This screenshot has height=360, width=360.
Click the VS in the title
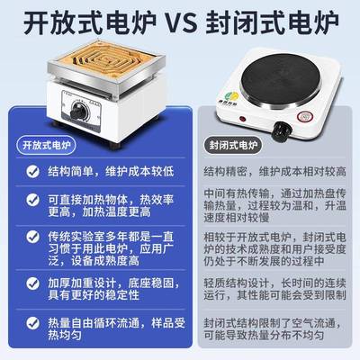[180, 21]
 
